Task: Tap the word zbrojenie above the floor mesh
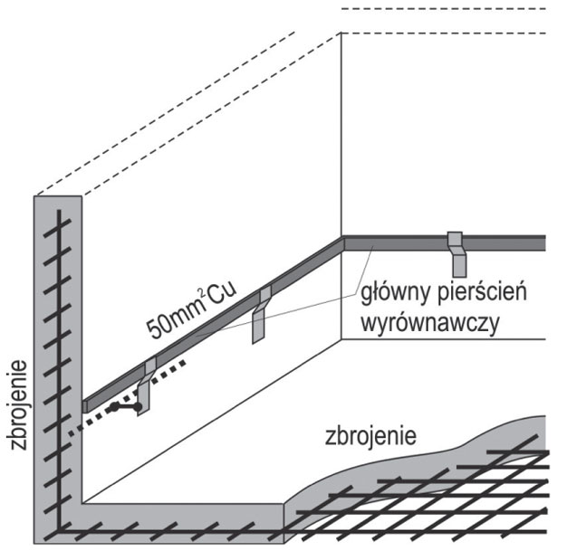pyautogui.click(x=370, y=436)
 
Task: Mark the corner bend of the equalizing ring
pyautogui.click(x=344, y=242)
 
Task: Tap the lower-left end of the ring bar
pyautogui.click(x=87, y=405)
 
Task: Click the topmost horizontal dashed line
pyautogui.click(x=444, y=8)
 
